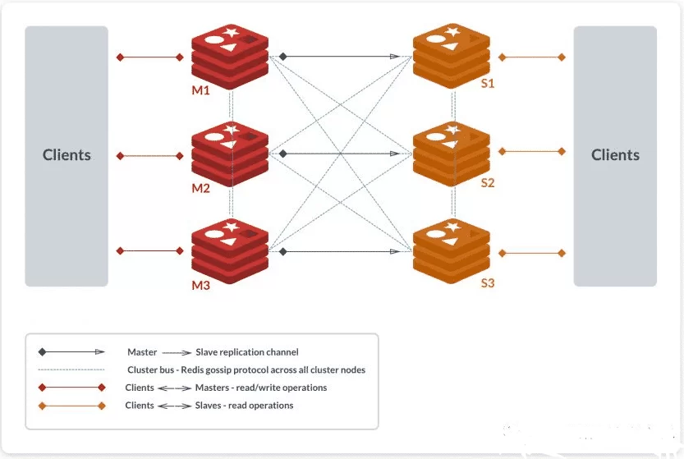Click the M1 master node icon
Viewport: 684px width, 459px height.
coord(230,55)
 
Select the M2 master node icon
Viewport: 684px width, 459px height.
coord(230,153)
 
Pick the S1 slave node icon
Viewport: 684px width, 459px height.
coord(452,55)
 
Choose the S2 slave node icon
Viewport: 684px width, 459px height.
coord(452,153)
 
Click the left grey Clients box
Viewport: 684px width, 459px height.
coord(67,156)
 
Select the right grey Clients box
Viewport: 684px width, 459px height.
coord(615,156)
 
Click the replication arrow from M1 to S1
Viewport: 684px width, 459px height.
coord(341,57)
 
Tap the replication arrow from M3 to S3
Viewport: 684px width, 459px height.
coord(341,251)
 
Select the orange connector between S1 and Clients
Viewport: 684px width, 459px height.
coord(531,57)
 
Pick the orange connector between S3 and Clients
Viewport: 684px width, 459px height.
coord(531,252)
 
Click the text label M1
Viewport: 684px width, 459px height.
coord(201,90)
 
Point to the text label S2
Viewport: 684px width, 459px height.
coord(488,183)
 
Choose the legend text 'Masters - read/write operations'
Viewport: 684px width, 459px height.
coord(261,388)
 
